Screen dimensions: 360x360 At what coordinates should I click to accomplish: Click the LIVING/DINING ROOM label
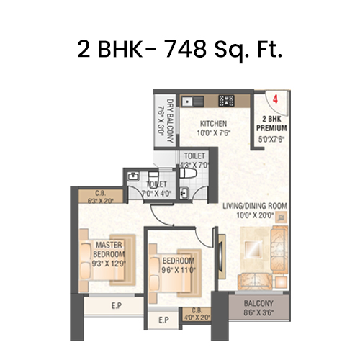(x=255, y=206)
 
